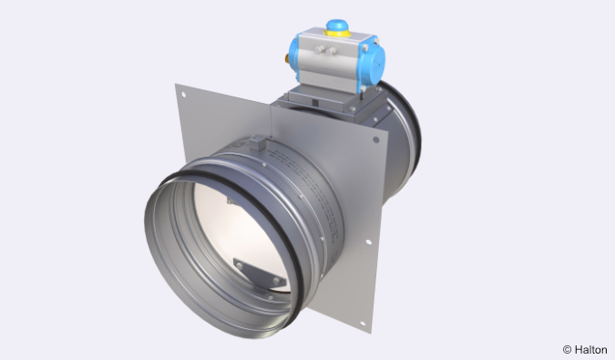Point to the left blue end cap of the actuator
tap(302, 57)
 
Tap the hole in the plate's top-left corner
tap(184, 94)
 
